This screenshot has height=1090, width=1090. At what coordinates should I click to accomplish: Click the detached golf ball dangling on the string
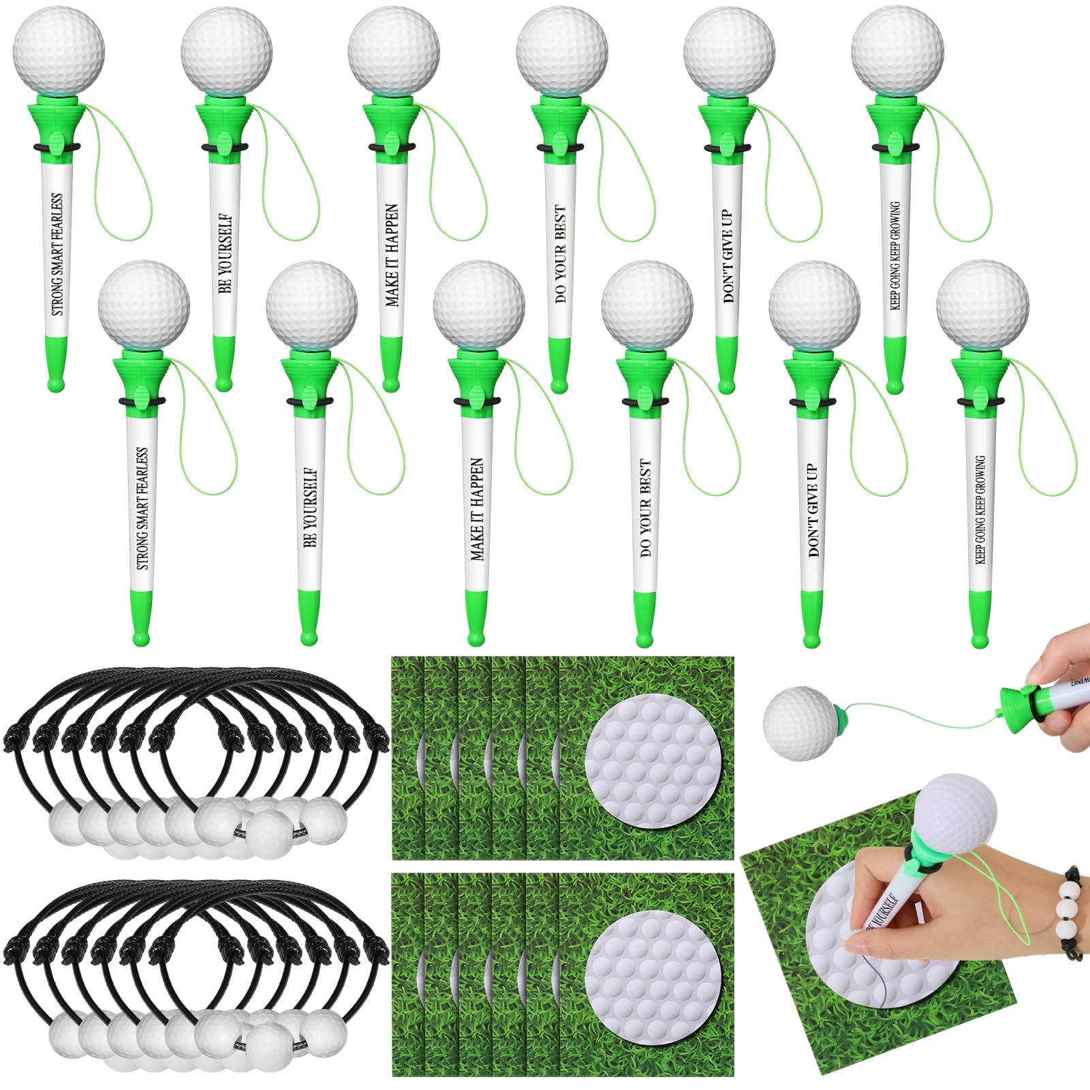click(796, 721)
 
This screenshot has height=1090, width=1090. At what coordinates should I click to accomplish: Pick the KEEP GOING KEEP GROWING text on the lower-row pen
click(980, 509)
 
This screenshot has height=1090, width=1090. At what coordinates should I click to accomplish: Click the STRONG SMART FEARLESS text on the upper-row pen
click(57, 253)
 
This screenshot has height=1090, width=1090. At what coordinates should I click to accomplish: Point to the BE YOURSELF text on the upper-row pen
click(225, 253)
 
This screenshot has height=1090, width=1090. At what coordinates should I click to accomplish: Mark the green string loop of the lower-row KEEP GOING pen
click(1049, 436)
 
